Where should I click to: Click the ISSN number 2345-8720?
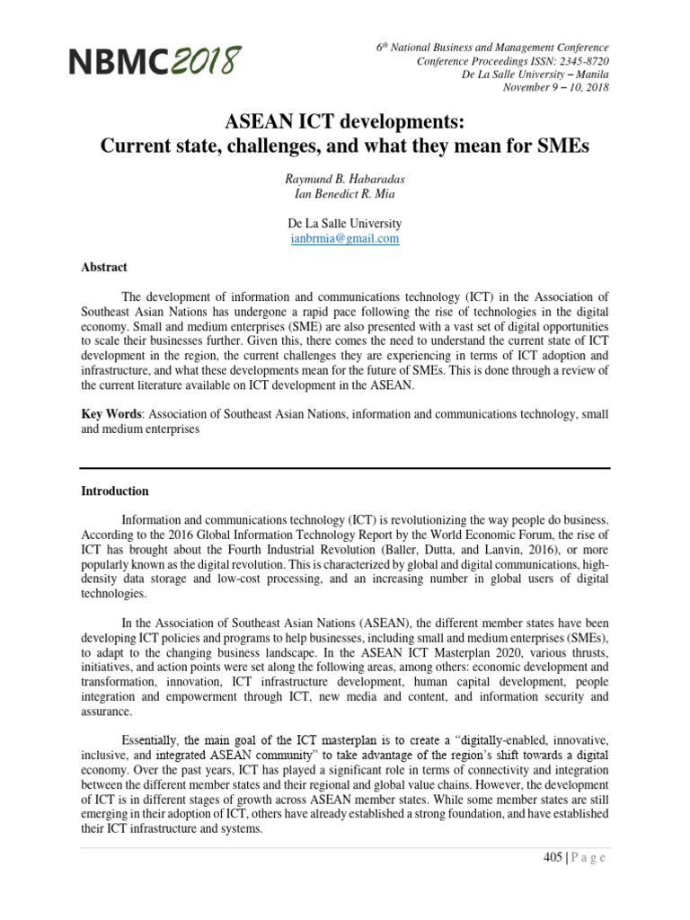point(579,61)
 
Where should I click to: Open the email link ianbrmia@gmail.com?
point(344,239)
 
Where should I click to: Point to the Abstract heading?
point(104,268)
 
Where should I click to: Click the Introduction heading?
point(115,491)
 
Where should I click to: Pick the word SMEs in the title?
point(562,145)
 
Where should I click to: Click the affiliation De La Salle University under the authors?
point(344,224)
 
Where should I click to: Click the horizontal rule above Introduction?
point(345,467)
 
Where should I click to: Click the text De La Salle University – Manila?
point(535,75)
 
